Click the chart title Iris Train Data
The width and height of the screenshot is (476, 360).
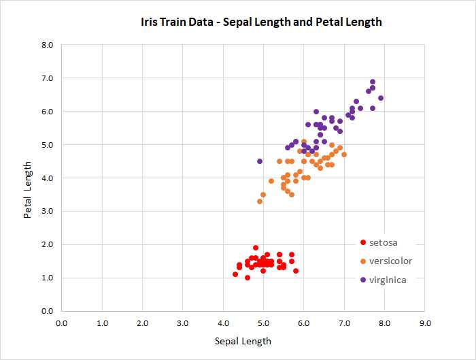(261, 22)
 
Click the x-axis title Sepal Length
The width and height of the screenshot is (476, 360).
(243, 341)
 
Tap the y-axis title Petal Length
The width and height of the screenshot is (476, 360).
(28, 190)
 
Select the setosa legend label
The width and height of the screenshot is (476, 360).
(383, 242)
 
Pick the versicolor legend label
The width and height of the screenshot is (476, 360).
(390, 261)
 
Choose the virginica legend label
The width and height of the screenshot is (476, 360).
(388, 279)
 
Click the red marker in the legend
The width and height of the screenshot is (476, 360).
(363, 242)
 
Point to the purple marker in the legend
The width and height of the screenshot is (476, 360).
(363, 279)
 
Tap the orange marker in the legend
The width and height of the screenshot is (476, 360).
(363, 261)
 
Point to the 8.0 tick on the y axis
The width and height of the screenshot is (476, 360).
(48, 45)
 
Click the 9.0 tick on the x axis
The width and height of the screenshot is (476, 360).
(425, 323)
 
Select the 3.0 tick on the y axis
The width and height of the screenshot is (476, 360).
(48, 211)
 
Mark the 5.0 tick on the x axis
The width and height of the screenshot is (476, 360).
(263, 323)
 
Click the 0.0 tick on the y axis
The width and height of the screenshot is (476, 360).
(48, 311)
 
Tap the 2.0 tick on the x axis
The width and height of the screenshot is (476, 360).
(142, 323)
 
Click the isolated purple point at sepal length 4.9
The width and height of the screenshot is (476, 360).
(260, 161)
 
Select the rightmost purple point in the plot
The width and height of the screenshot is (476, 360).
(381, 98)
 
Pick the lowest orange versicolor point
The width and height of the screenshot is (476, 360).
(260, 201)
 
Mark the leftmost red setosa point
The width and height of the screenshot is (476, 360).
(235, 274)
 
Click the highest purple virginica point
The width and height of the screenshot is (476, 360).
(373, 82)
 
